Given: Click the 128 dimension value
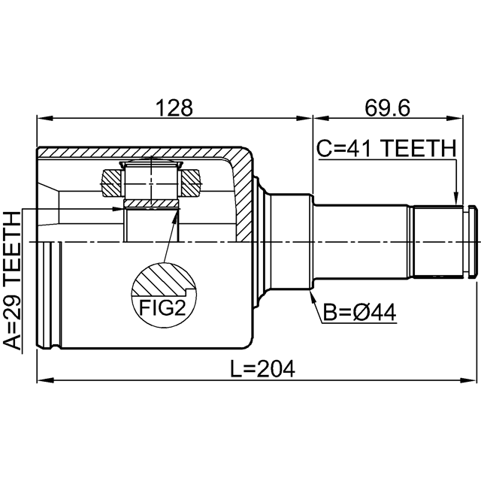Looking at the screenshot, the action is [x=174, y=107].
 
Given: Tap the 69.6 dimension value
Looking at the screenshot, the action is [x=387, y=107].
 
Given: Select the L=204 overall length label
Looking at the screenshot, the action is [x=262, y=368].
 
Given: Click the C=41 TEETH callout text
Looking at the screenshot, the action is [x=386, y=148].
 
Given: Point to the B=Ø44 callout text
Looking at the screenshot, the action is [x=359, y=313].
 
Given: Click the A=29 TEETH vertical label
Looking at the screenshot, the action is [x=12, y=280].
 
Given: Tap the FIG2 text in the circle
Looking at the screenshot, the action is [x=162, y=307].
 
